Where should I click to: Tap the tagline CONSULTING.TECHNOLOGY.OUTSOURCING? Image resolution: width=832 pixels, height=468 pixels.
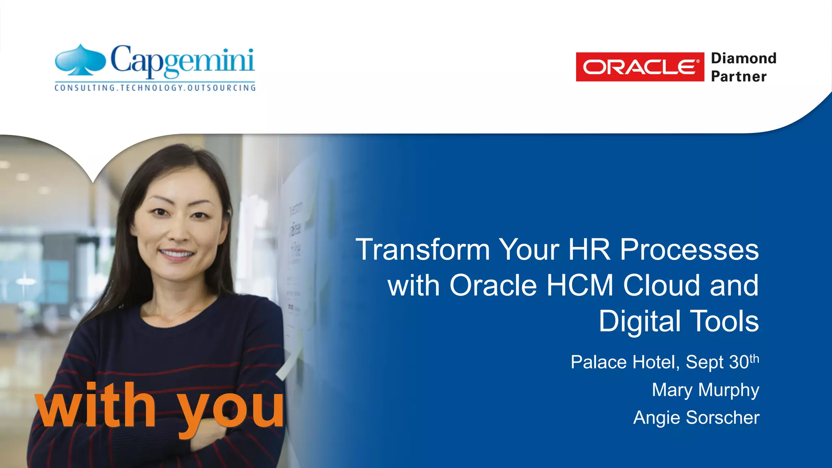[x=155, y=88]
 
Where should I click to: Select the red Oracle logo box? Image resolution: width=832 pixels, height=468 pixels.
[x=640, y=67]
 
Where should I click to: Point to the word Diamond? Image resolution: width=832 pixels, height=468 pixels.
[x=743, y=58]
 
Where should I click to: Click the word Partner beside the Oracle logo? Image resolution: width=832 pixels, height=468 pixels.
[x=739, y=76]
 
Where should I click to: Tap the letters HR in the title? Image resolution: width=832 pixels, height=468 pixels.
[x=589, y=249]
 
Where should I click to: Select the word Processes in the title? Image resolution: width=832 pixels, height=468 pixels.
[x=689, y=249]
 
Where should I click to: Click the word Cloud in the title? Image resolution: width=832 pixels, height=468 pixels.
[x=662, y=285]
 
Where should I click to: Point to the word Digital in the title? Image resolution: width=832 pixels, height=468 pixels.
[x=639, y=321]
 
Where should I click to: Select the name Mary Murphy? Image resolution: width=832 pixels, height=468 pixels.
[x=705, y=390]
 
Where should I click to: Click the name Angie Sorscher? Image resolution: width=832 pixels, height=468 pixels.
[x=696, y=418]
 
